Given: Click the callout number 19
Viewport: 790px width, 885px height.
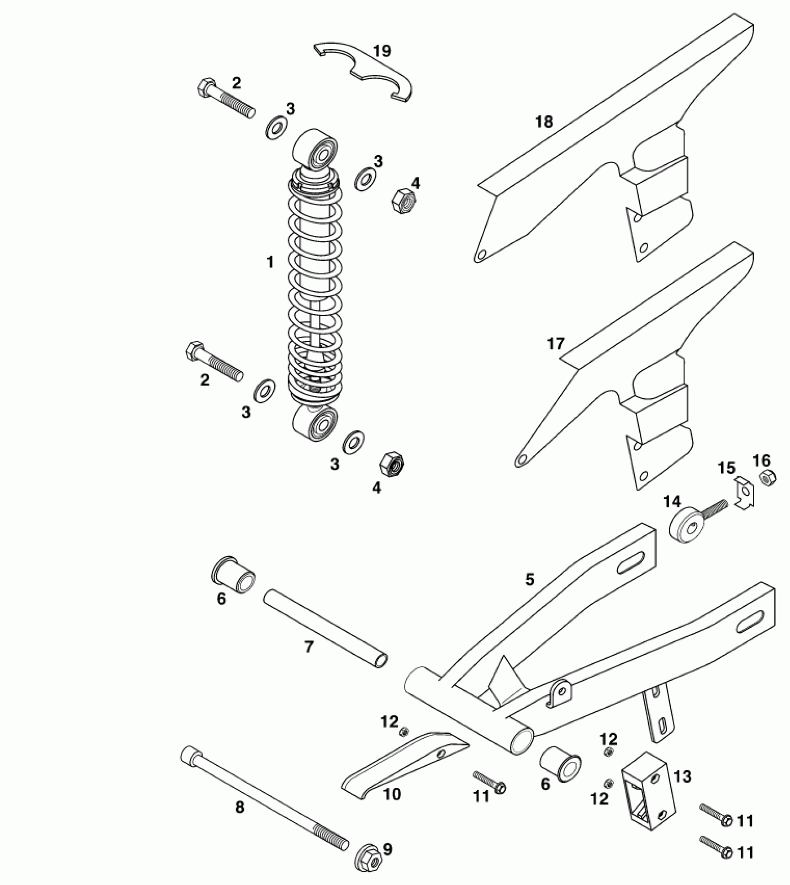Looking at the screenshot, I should coord(382,51).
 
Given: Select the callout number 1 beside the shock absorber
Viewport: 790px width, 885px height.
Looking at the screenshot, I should coord(270,262).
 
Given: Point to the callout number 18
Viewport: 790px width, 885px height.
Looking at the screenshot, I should coord(544,122).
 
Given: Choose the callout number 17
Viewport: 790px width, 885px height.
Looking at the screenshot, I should coord(555,344).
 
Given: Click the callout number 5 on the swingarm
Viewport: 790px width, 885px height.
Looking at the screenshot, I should coord(530,579).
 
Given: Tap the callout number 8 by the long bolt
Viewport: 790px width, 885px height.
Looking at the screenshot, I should coord(239,807).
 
